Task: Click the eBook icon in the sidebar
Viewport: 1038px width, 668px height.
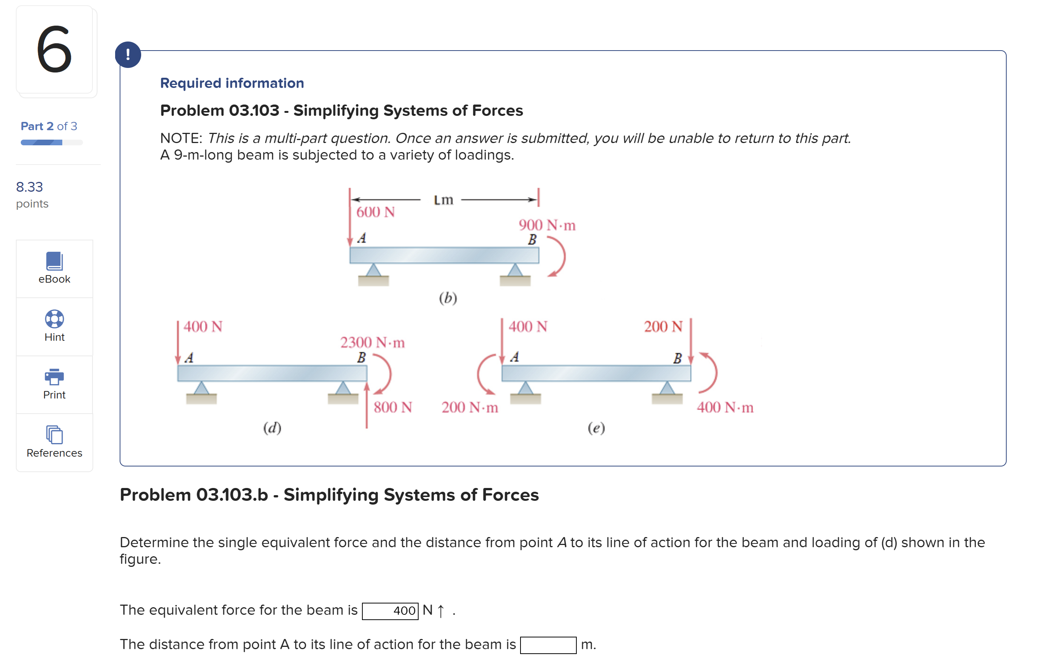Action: pos(54,261)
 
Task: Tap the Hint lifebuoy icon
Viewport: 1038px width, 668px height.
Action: pos(54,319)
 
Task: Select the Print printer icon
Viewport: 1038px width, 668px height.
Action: pos(54,377)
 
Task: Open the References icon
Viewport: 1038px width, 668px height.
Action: pos(54,435)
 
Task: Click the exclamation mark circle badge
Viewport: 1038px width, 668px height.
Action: pos(128,55)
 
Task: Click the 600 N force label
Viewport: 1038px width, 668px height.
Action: pos(376,212)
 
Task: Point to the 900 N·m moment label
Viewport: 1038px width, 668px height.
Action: pos(547,225)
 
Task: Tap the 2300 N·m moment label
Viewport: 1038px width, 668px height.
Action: pos(372,343)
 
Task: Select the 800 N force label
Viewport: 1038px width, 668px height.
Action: pos(393,407)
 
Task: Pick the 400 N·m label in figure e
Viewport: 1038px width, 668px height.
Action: pos(725,407)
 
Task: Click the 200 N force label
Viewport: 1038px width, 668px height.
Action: pos(663,326)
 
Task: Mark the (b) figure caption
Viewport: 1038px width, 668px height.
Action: pos(448,298)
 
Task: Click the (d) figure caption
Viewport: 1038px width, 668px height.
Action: pos(272,428)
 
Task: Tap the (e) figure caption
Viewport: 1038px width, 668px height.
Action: pos(596,428)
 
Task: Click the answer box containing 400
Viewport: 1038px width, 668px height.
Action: pos(390,611)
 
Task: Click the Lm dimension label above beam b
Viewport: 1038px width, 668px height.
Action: pos(443,200)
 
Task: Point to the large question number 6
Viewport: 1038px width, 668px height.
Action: pos(54,49)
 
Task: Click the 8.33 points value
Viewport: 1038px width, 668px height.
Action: pos(29,187)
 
